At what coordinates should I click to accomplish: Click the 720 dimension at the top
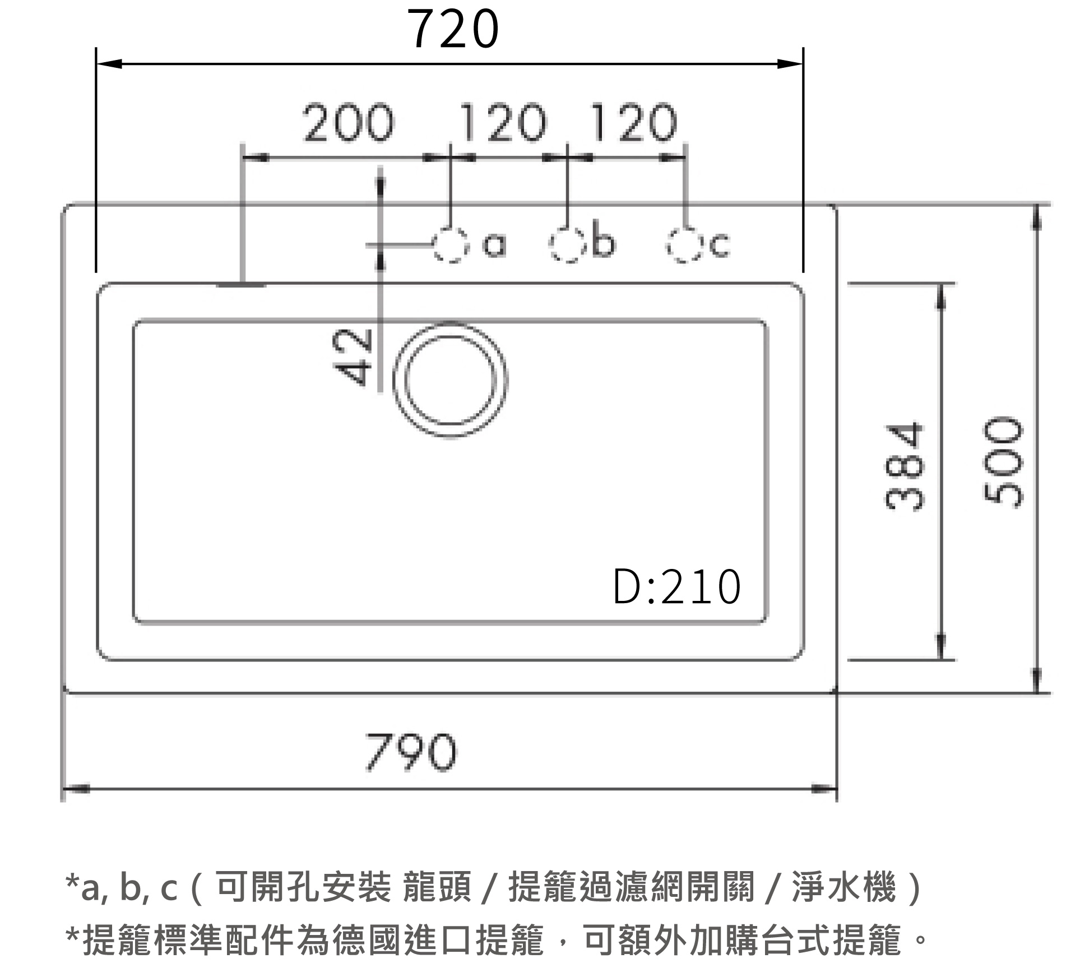pos(453,29)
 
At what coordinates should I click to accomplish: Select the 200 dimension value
pos(348,123)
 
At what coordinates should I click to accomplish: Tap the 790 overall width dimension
pos(411,752)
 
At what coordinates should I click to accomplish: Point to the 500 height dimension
pos(1003,463)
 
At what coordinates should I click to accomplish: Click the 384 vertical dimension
pos(903,466)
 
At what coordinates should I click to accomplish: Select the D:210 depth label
pos(677,587)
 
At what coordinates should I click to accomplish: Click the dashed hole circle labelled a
pos(450,246)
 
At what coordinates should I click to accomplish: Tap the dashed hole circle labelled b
pos(567,245)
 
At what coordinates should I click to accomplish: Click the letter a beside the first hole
pos(494,246)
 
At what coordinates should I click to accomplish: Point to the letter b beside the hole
pos(603,242)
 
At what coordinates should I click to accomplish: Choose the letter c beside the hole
pos(721,246)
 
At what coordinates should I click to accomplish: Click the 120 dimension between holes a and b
pos(502,123)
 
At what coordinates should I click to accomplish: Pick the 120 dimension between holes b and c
pos(633,123)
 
